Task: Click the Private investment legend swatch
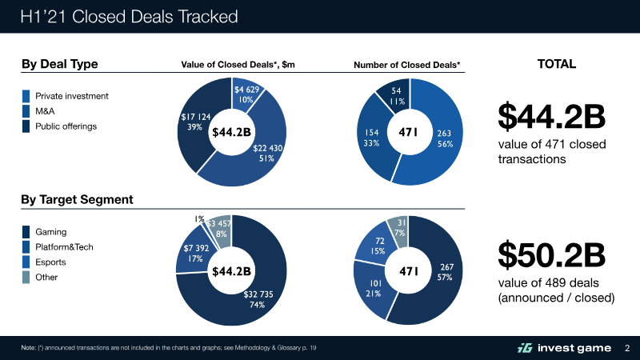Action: [26, 96]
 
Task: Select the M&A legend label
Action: [46, 111]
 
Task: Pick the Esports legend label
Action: [50, 262]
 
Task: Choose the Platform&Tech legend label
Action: [65, 247]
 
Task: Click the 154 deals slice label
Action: [370, 137]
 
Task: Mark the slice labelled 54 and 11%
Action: [397, 97]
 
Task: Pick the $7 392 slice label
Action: [194, 253]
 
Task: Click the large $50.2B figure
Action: [550, 254]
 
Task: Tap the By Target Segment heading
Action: [77, 199]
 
